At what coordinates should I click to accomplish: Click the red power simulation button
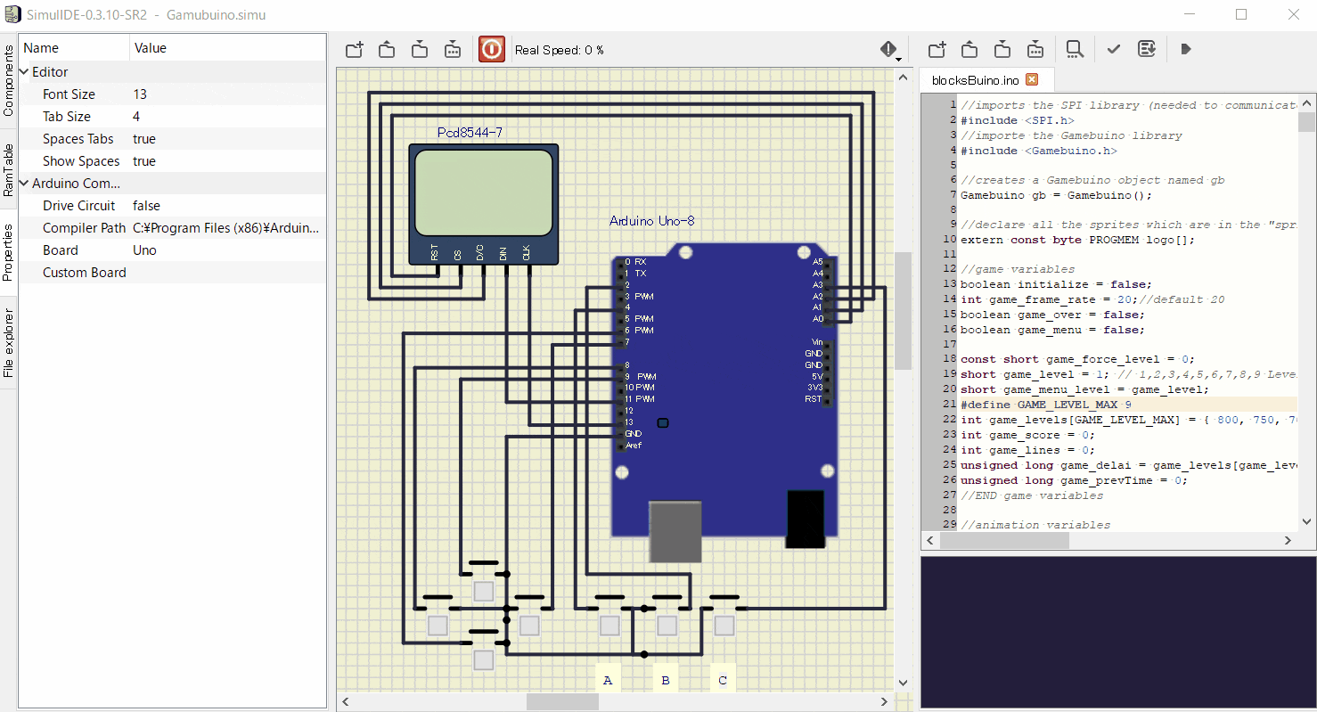(x=491, y=49)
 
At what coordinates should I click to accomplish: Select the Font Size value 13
(x=140, y=94)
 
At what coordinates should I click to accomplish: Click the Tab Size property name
(x=67, y=117)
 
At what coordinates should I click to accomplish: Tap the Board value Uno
(x=144, y=250)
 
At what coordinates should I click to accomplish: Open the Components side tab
(x=8, y=80)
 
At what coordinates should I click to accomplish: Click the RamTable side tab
(x=8, y=170)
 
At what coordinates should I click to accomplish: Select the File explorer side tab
(x=8, y=343)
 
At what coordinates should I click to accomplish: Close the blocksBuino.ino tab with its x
(x=1032, y=79)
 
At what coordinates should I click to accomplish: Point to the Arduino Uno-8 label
(x=651, y=221)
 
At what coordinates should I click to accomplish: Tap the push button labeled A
(x=609, y=626)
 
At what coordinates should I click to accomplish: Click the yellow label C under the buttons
(x=723, y=680)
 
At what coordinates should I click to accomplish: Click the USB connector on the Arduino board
(x=675, y=531)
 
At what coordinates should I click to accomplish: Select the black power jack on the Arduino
(x=806, y=519)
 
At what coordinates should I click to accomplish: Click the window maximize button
(x=1241, y=15)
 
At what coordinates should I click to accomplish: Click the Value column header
(x=151, y=48)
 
